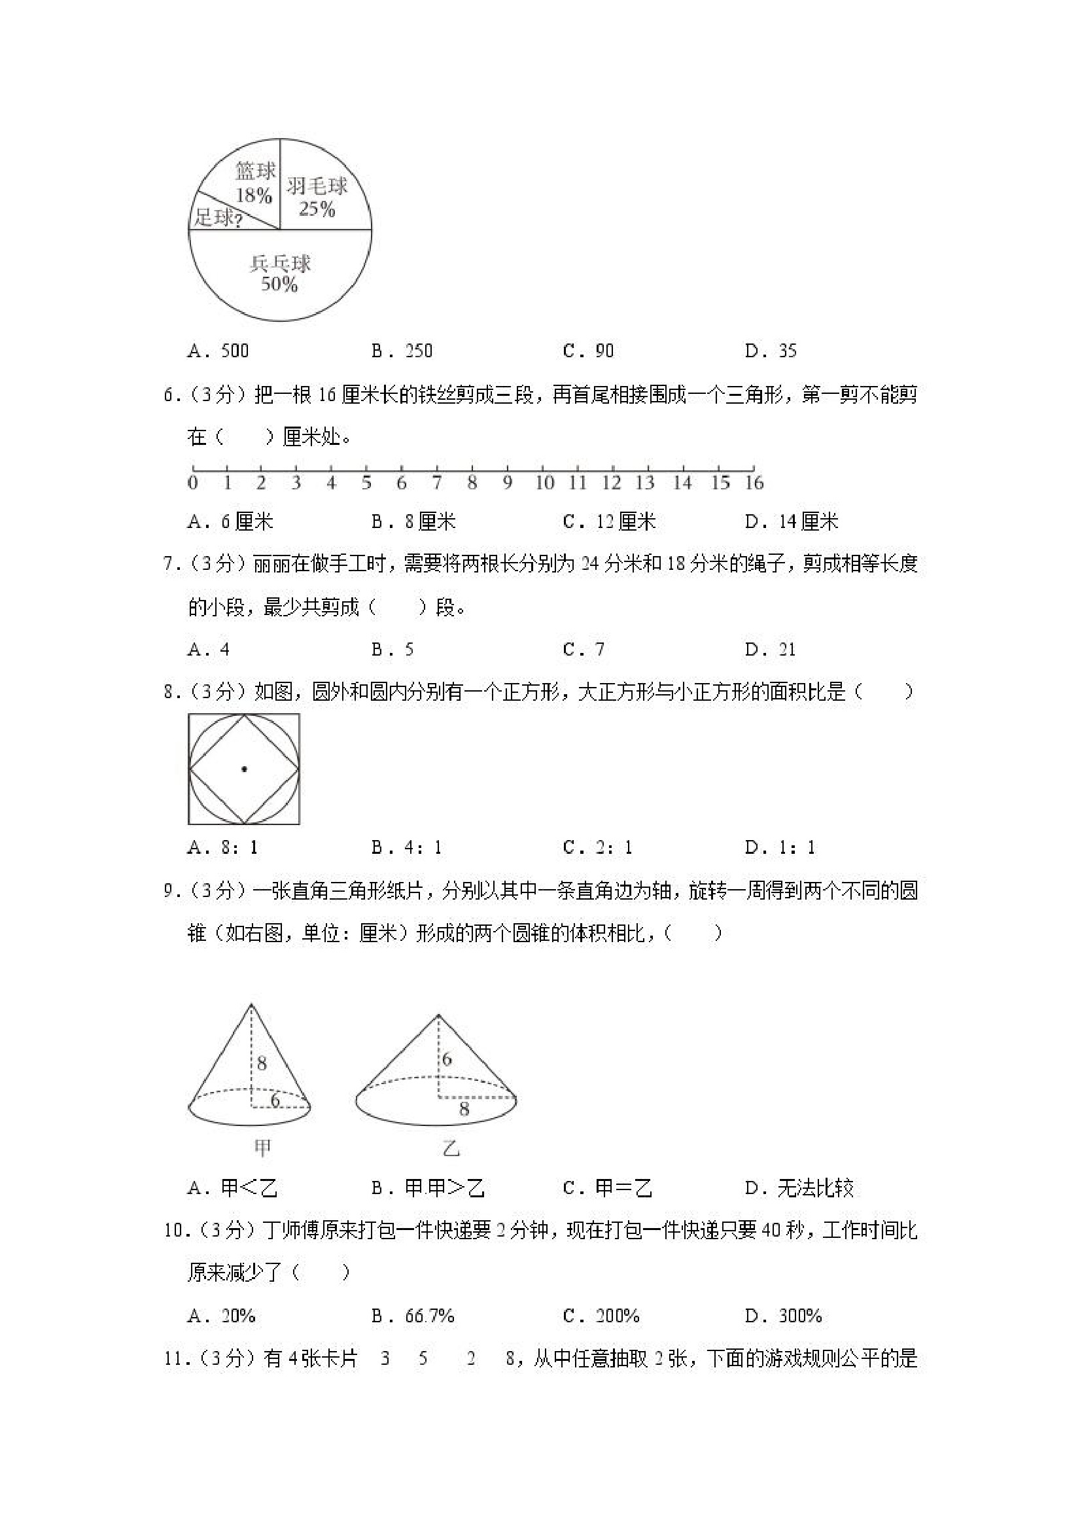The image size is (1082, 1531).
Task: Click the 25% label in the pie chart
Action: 317,209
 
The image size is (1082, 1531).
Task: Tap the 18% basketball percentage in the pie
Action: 253,195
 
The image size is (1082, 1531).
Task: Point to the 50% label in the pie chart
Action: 279,285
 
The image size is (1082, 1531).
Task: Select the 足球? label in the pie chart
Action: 217,217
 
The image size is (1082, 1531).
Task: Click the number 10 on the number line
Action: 544,483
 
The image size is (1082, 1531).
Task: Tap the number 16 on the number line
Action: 754,483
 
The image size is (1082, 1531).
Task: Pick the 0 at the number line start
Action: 193,483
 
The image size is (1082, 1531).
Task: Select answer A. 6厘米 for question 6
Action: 231,521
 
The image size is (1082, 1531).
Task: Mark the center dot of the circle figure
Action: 244,769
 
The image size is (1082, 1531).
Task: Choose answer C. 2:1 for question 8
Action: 597,847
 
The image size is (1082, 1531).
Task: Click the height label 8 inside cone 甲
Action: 262,1063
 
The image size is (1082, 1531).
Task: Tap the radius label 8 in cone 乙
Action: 464,1109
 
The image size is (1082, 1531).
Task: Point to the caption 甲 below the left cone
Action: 262,1147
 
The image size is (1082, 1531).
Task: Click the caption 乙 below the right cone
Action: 451,1148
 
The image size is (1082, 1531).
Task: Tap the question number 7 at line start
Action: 169,564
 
